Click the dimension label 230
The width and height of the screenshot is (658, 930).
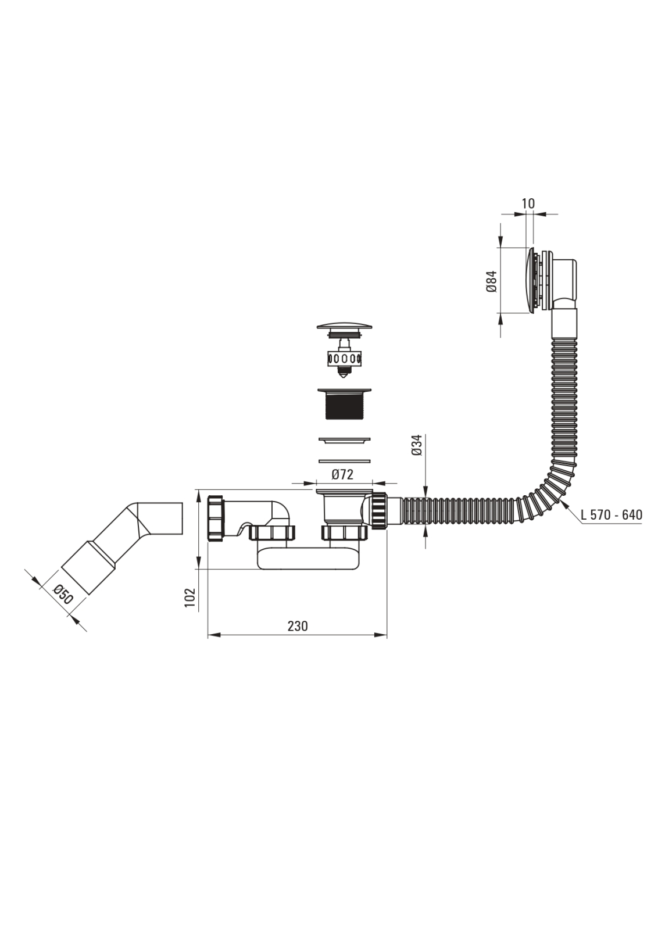click(x=298, y=626)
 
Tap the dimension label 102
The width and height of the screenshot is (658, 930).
click(x=189, y=598)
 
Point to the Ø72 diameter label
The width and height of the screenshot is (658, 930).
click(x=342, y=474)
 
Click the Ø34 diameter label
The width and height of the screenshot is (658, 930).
click(x=417, y=445)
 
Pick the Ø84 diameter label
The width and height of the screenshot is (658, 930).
click(x=492, y=281)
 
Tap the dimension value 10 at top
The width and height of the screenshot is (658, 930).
click(x=528, y=203)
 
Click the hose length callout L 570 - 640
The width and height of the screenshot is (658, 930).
click(x=611, y=515)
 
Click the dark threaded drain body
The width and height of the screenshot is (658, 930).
click(x=344, y=405)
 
